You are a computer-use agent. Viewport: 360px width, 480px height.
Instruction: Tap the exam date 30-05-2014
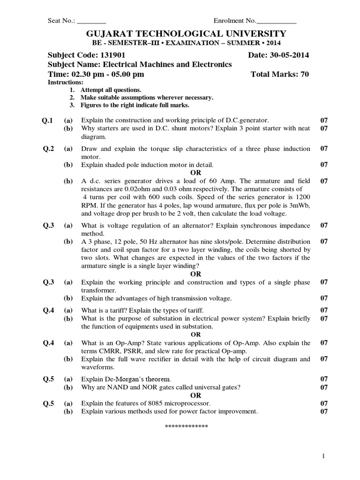coord(288,55)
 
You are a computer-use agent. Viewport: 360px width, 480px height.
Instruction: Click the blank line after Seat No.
coord(92,21)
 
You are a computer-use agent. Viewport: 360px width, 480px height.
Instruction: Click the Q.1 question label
coord(48,120)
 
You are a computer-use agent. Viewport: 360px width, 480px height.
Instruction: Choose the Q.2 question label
coord(48,149)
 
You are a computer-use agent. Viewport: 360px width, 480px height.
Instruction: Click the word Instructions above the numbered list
coord(66,82)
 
